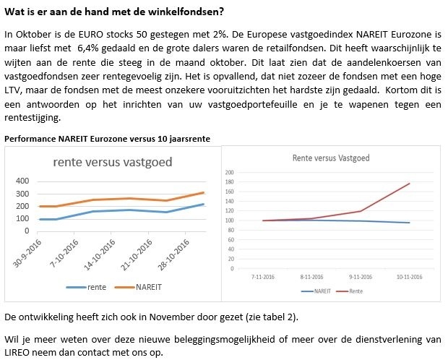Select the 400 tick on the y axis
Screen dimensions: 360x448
pyautogui.click(x=22, y=181)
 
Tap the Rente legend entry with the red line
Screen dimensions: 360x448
pyautogui.click(x=356, y=291)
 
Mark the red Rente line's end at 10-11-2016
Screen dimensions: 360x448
pyautogui.click(x=410, y=184)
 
